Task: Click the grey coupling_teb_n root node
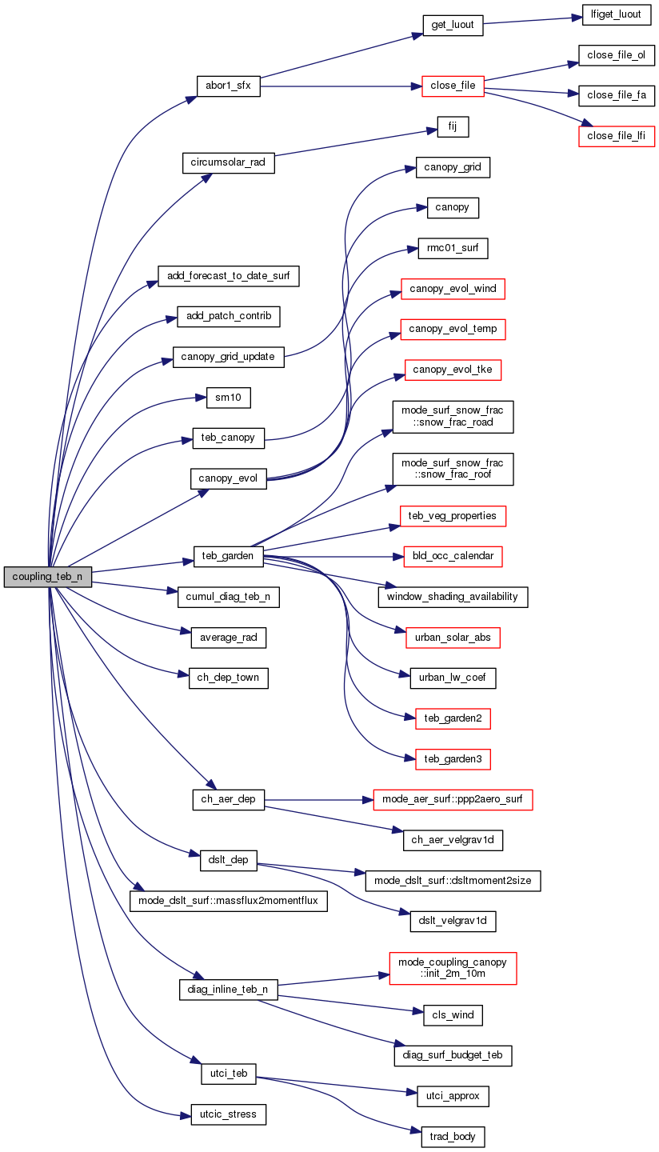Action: tap(47, 577)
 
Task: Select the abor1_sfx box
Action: tap(228, 86)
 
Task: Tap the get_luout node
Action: tap(452, 25)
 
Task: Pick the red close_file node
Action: tap(453, 86)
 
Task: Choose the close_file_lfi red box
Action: tap(617, 136)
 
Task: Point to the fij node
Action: tap(452, 126)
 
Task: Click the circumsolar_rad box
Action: tap(228, 162)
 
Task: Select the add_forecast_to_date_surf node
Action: tap(228, 277)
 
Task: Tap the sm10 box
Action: tap(228, 398)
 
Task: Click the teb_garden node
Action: tap(228, 557)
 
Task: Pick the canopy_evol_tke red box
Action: tap(453, 370)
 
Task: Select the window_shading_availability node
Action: tap(453, 597)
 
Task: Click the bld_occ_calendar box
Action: tap(453, 556)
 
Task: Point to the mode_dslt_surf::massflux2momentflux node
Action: tap(228, 901)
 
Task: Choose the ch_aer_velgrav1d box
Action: tap(453, 840)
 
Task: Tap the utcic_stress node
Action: tap(228, 1114)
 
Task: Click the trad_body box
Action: tap(453, 1136)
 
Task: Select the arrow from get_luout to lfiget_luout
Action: tap(527, 20)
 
